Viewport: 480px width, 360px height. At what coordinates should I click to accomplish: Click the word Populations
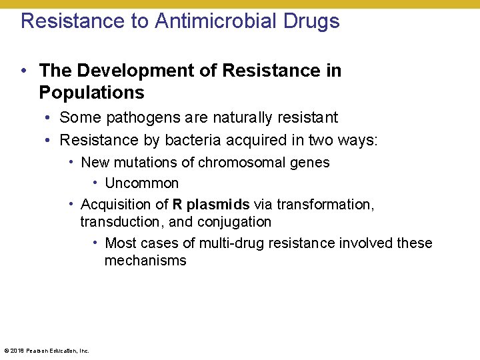[x=91, y=92]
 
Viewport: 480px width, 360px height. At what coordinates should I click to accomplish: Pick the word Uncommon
[x=141, y=183]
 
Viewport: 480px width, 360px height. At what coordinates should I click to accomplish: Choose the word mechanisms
[x=145, y=261]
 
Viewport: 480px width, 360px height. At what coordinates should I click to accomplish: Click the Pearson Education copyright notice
[x=47, y=350]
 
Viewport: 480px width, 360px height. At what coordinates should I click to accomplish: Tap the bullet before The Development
[x=24, y=71]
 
